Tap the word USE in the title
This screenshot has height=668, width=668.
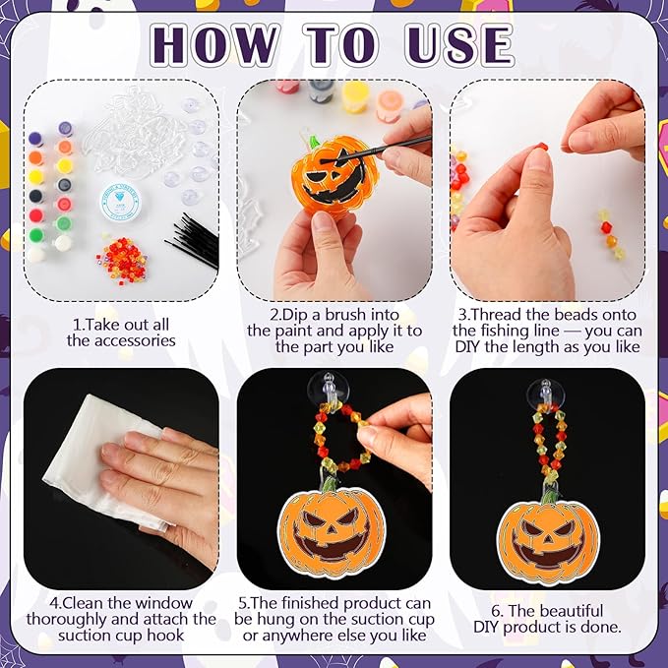click(459, 44)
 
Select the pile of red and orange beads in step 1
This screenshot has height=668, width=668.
click(122, 259)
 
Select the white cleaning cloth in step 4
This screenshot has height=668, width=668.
click(104, 458)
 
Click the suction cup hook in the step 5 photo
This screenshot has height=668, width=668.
click(328, 389)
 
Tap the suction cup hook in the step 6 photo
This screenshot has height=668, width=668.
click(546, 395)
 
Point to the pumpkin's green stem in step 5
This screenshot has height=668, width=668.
click(330, 484)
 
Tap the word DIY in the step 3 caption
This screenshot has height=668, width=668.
click(467, 346)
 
